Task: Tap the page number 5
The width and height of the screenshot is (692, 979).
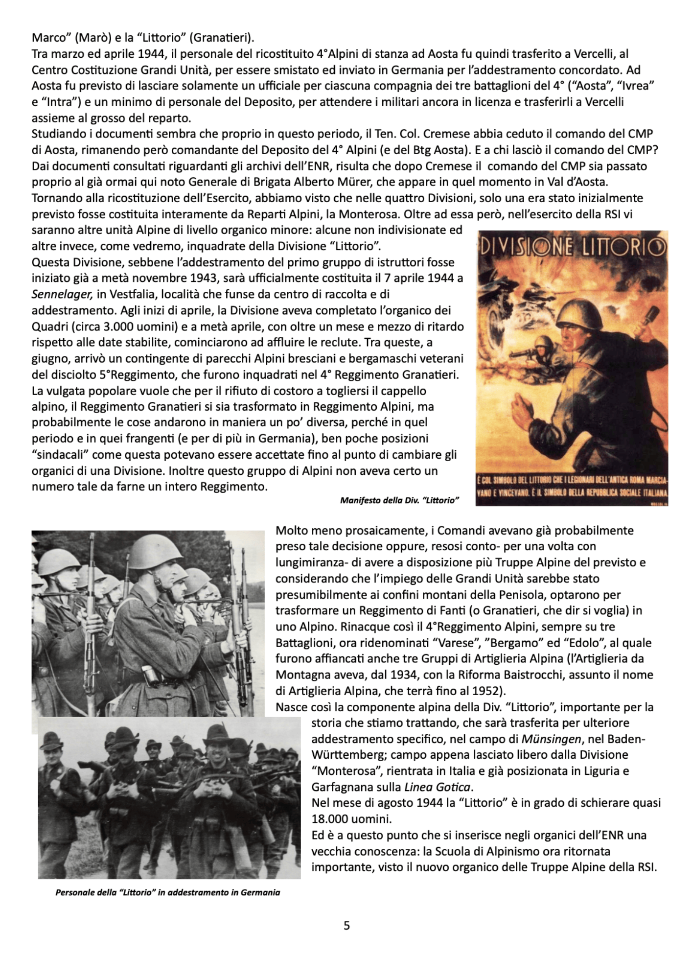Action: coord(346,926)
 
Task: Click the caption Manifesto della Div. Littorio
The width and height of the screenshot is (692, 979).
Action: coord(399,500)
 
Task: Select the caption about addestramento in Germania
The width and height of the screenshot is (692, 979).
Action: coord(168,892)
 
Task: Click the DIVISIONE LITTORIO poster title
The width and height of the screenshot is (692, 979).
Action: coord(573,247)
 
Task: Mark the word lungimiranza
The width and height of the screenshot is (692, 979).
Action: coord(312,562)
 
